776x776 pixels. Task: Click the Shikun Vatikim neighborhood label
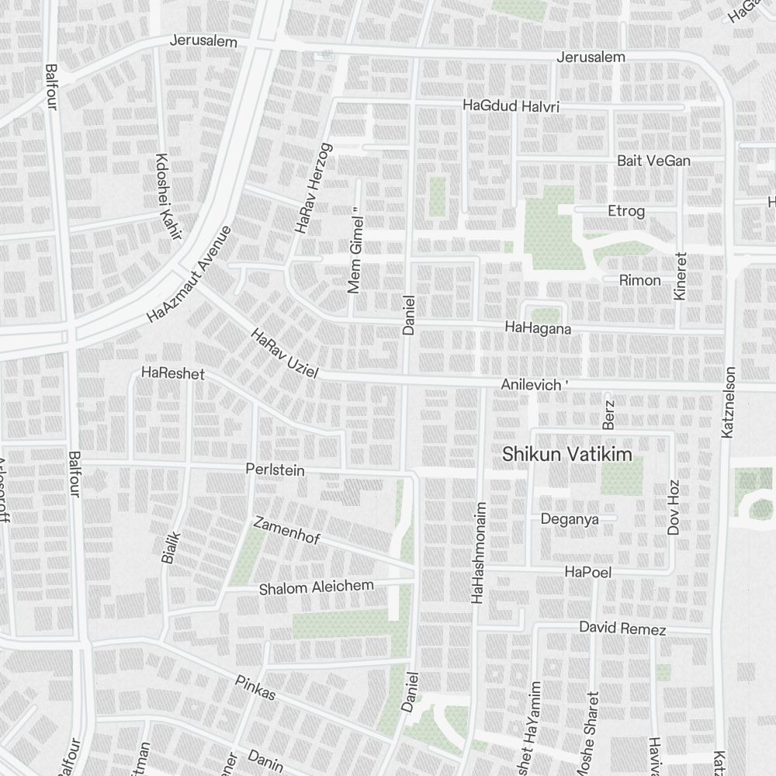coord(567,456)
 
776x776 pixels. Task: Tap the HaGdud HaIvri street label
coord(511,106)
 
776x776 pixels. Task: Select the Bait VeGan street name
coord(653,161)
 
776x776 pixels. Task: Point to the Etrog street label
coord(626,210)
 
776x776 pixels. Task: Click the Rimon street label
coord(640,280)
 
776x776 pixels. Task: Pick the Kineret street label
coord(681,276)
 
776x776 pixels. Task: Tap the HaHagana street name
coord(538,329)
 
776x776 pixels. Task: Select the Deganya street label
coord(569,519)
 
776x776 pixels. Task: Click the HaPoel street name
coord(589,573)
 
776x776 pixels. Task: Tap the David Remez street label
coord(622,629)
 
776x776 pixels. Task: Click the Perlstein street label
coord(275,470)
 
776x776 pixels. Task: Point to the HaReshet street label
coord(173,374)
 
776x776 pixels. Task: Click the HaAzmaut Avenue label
coord(189,275)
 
